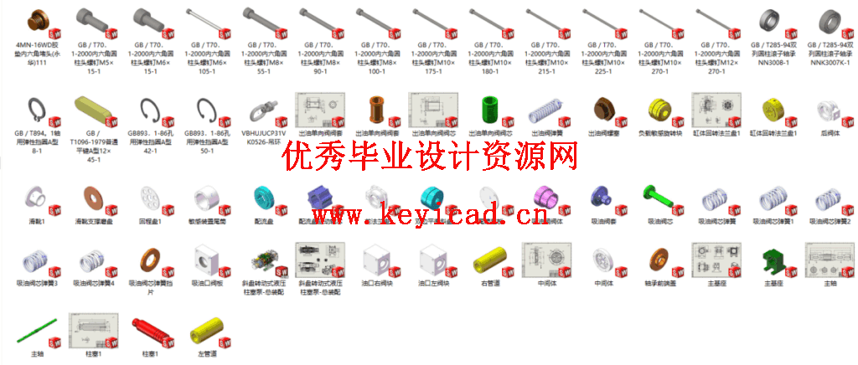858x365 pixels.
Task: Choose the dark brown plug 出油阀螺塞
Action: [602, 111]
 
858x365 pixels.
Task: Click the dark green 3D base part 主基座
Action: [772, 261]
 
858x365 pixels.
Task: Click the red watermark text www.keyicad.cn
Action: [427, 217]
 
